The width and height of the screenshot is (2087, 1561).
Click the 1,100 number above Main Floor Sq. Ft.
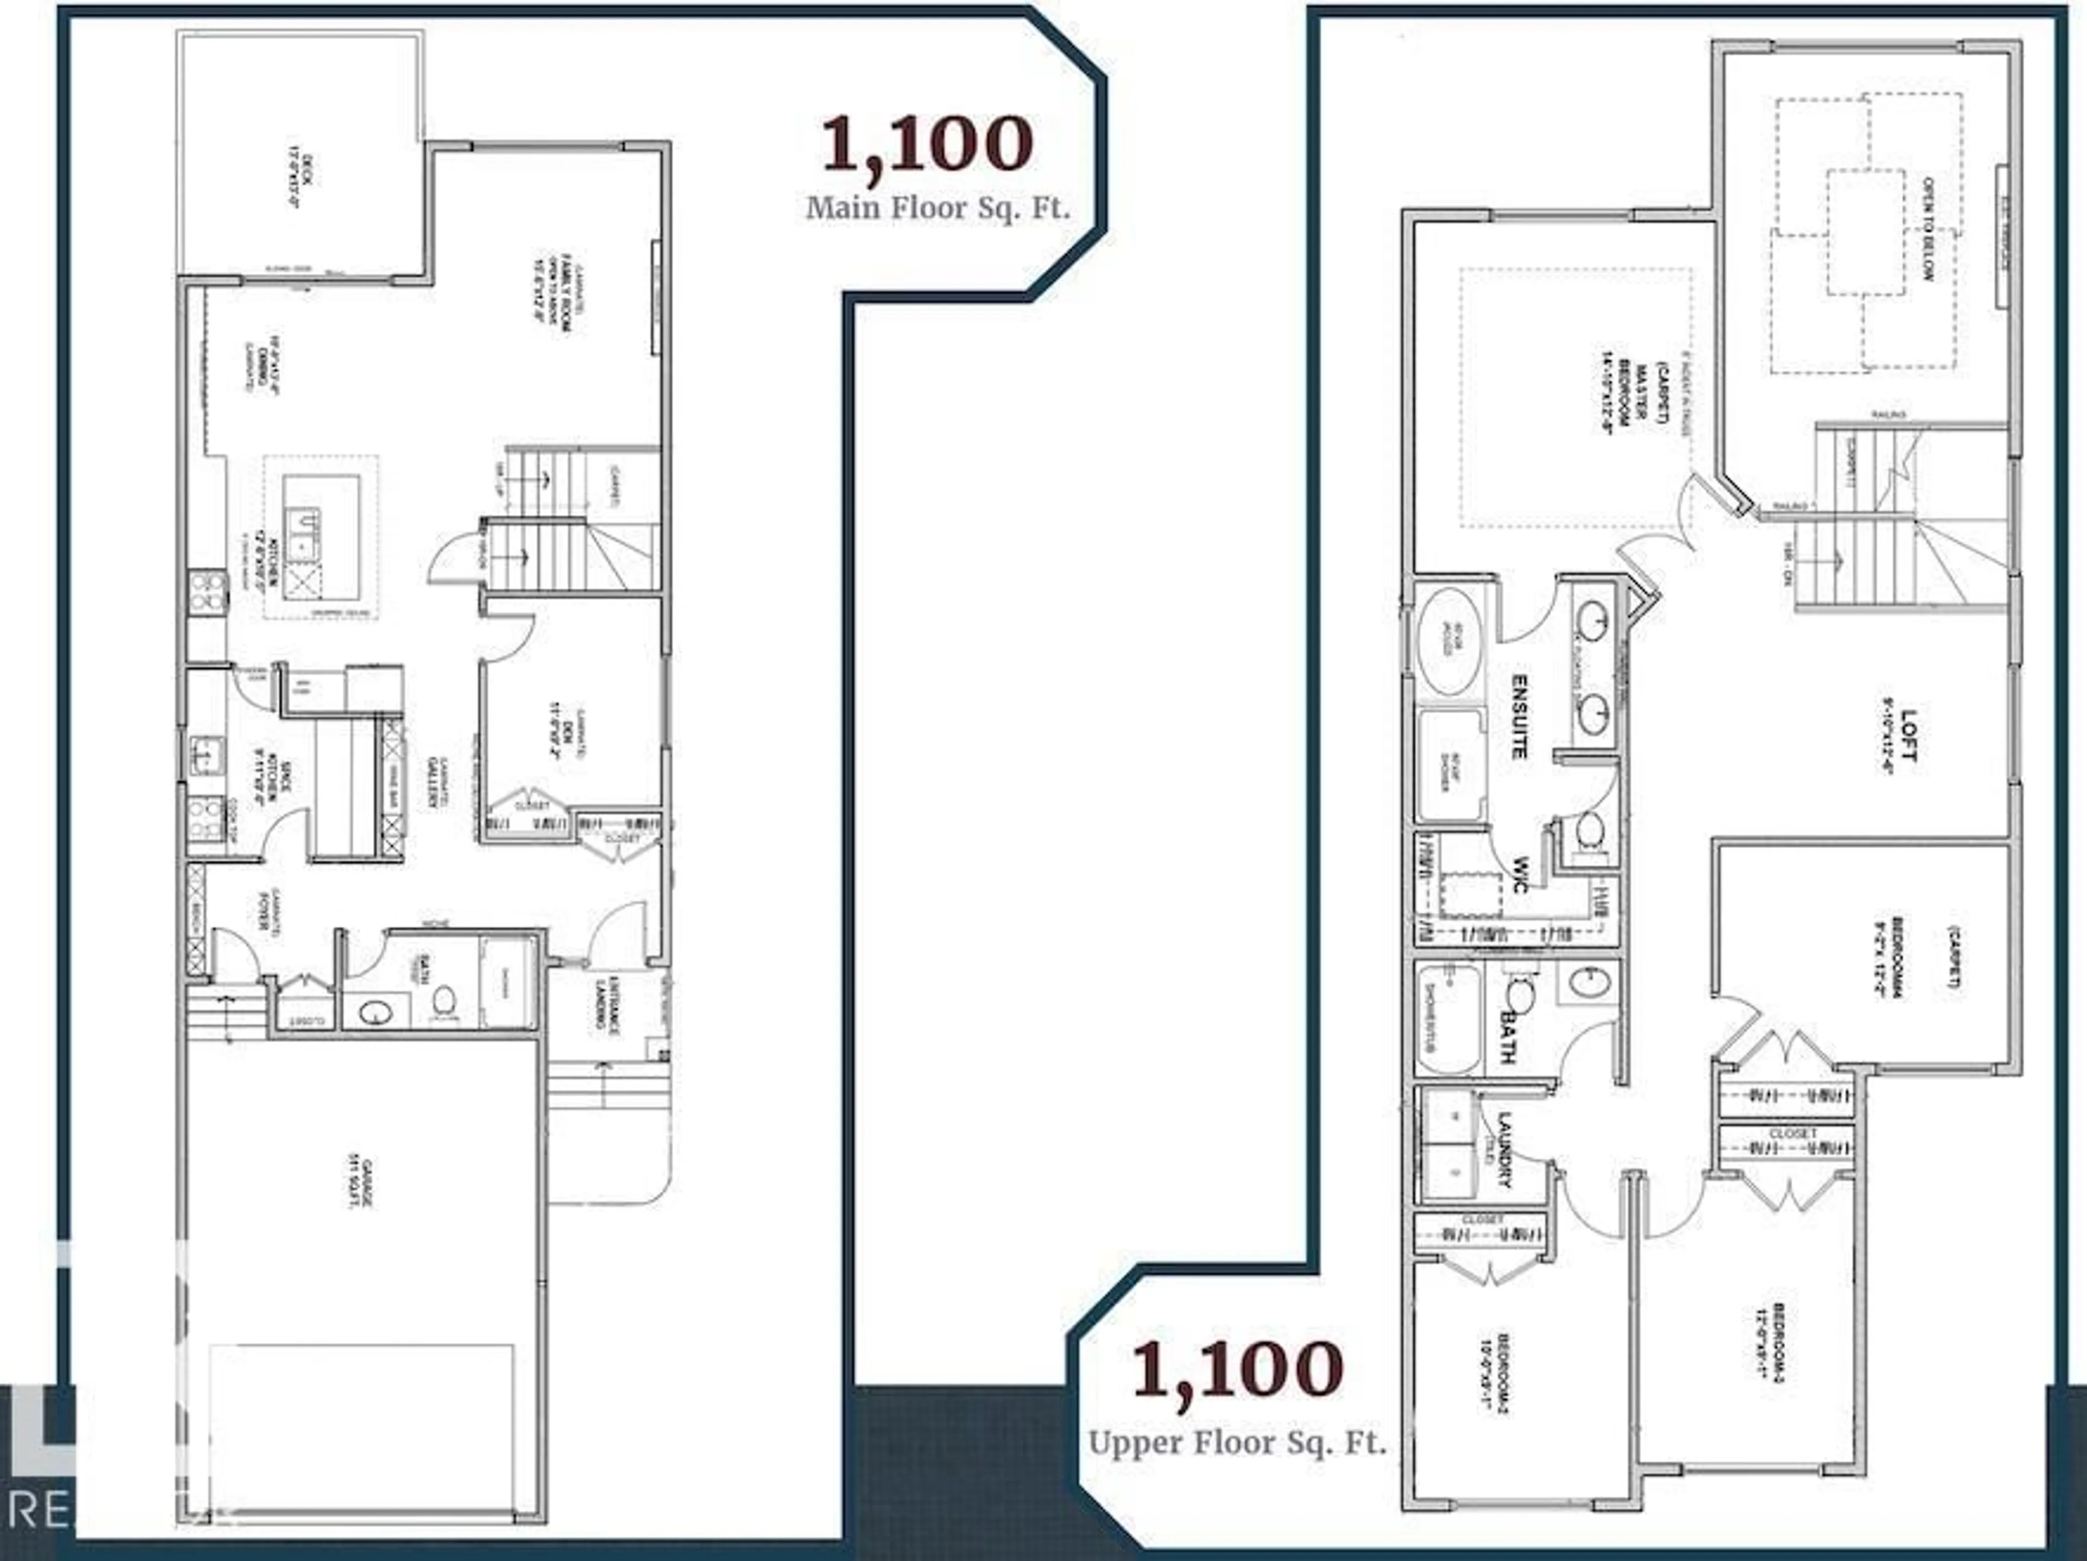[x=927, y=143]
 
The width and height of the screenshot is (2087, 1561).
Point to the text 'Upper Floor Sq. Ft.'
[x=1237, y=1443]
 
